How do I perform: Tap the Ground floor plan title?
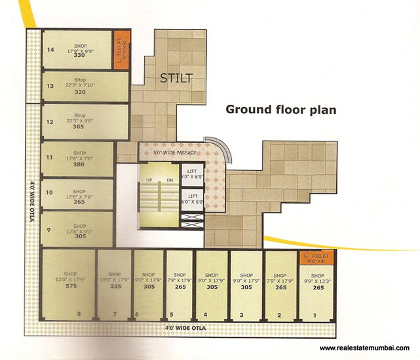click(x=281, y=109)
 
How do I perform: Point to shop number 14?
click(x=49, y=50)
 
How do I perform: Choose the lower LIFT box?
click(x=193, y=199)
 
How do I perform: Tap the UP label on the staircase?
click(x=149, y=179)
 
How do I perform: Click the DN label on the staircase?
click(x=169, y=179)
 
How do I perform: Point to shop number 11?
click(x=49, y=156)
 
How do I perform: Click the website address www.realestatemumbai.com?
click(x=366, y=348)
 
